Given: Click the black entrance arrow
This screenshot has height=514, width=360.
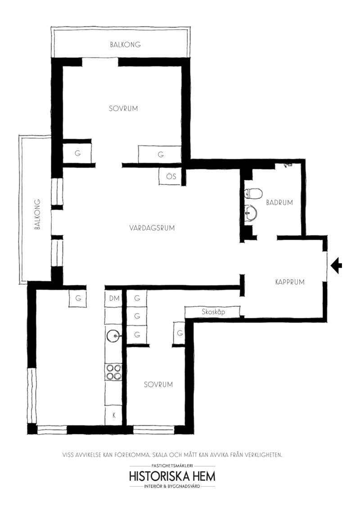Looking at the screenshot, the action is click(x=336, y=265).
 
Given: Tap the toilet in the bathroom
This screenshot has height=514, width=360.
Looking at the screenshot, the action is click(x=253, y=193).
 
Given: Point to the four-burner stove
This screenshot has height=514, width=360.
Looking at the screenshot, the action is click(x=113, y=372).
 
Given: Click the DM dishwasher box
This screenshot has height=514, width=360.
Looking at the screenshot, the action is click(x=113, y=298).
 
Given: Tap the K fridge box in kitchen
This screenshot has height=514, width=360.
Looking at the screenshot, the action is click(x=113, y=416).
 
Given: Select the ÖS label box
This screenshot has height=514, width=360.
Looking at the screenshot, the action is click(x=171, y=176).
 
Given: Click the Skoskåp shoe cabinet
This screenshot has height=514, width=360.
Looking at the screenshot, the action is click(x=213, y=312).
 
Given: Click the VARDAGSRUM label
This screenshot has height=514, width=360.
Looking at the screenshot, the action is click(x=152, y=228).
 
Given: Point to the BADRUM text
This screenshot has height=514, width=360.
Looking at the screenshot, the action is click(x=279, y=202).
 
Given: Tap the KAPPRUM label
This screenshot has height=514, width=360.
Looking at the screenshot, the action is click(x=290, y=282).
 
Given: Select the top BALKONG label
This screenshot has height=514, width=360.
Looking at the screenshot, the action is click(x=126, y=45).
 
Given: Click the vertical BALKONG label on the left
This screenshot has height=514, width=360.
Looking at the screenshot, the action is click(x=37, y=214).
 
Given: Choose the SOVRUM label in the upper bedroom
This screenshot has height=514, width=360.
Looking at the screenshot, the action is click(x=123, y=108).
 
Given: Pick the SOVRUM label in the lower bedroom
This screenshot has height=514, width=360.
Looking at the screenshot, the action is click(x=158, y=384).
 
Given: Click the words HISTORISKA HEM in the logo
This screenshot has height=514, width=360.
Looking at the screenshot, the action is click(x=172, y=476).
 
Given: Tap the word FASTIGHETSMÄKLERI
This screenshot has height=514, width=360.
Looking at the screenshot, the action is click(x=172, y=465).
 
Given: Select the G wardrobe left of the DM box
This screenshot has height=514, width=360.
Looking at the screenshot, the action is click(x=78, y=299).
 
